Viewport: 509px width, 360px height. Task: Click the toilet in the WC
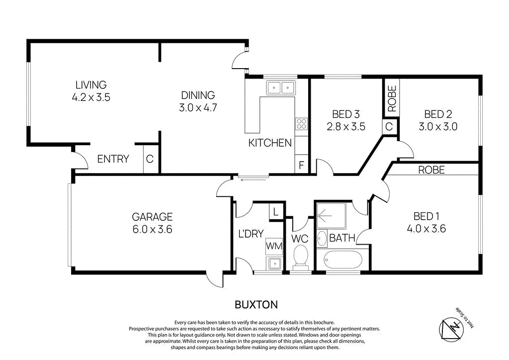coord(301,258)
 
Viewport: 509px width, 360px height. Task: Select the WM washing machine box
coord(274,246)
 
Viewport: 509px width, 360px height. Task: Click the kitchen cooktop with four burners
coord(301,124)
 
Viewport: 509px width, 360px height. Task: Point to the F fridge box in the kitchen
coord(301,165)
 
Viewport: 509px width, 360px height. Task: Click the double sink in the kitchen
coord(280,88)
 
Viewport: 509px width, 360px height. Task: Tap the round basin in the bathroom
coord(322,239)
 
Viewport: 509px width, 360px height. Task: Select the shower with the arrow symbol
coord(331,215)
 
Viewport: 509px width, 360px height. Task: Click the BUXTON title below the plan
coord(256,305)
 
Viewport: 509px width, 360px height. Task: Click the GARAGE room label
coord(152,216)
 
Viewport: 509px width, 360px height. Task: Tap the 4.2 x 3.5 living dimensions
coord(91,97)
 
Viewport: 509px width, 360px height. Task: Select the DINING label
coord(198,95)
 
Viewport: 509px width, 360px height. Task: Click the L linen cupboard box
coord(275,212)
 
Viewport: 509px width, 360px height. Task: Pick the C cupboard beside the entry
coord(150,159)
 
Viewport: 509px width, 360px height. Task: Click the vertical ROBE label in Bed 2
coord(392,98)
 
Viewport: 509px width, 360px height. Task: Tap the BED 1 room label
coord(426,216)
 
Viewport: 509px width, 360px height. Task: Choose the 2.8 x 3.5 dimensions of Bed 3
coord(346,126)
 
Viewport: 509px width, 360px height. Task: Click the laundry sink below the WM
coord(274,263)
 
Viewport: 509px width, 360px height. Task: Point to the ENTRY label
coord(113,159)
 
